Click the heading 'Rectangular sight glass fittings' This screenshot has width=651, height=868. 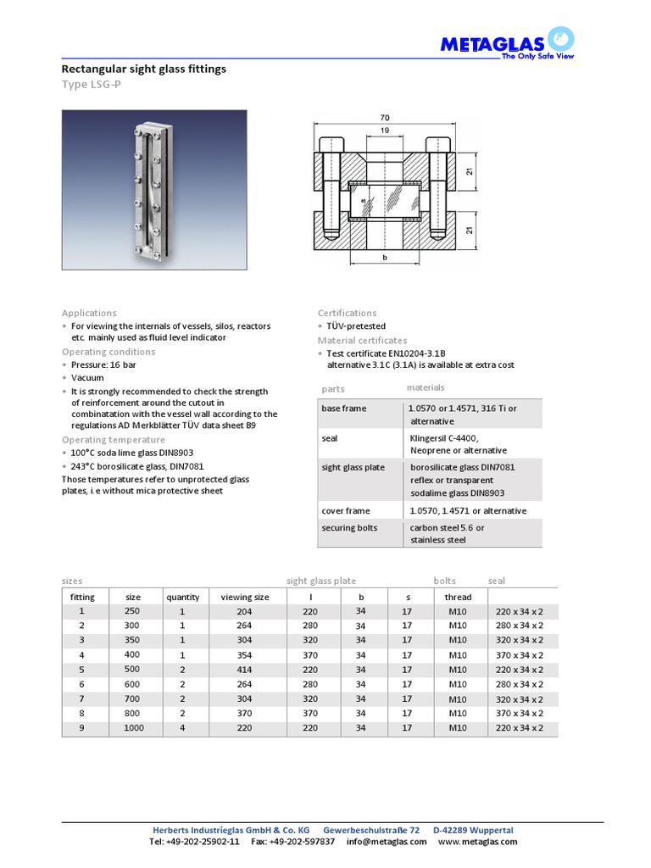tap(144, 69)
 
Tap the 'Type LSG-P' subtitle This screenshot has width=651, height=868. tap(91, 85)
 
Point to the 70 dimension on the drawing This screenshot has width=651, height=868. tap(384, 117)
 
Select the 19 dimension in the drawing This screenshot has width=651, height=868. tap(384, 131)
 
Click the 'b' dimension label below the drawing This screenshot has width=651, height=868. tap(384, 258)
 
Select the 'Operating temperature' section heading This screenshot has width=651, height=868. tap(113, 440)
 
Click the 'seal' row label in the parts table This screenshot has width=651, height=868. tap(330, 437)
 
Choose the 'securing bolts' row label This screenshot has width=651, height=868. tap(349, 527)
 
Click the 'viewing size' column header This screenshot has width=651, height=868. tap(245, 597)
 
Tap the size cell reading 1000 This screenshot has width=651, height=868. tap(133, 727)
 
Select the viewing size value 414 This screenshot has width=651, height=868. tap(245, 670)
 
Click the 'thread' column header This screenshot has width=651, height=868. tap(458, 597)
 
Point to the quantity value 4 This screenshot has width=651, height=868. tap(181, 727)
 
